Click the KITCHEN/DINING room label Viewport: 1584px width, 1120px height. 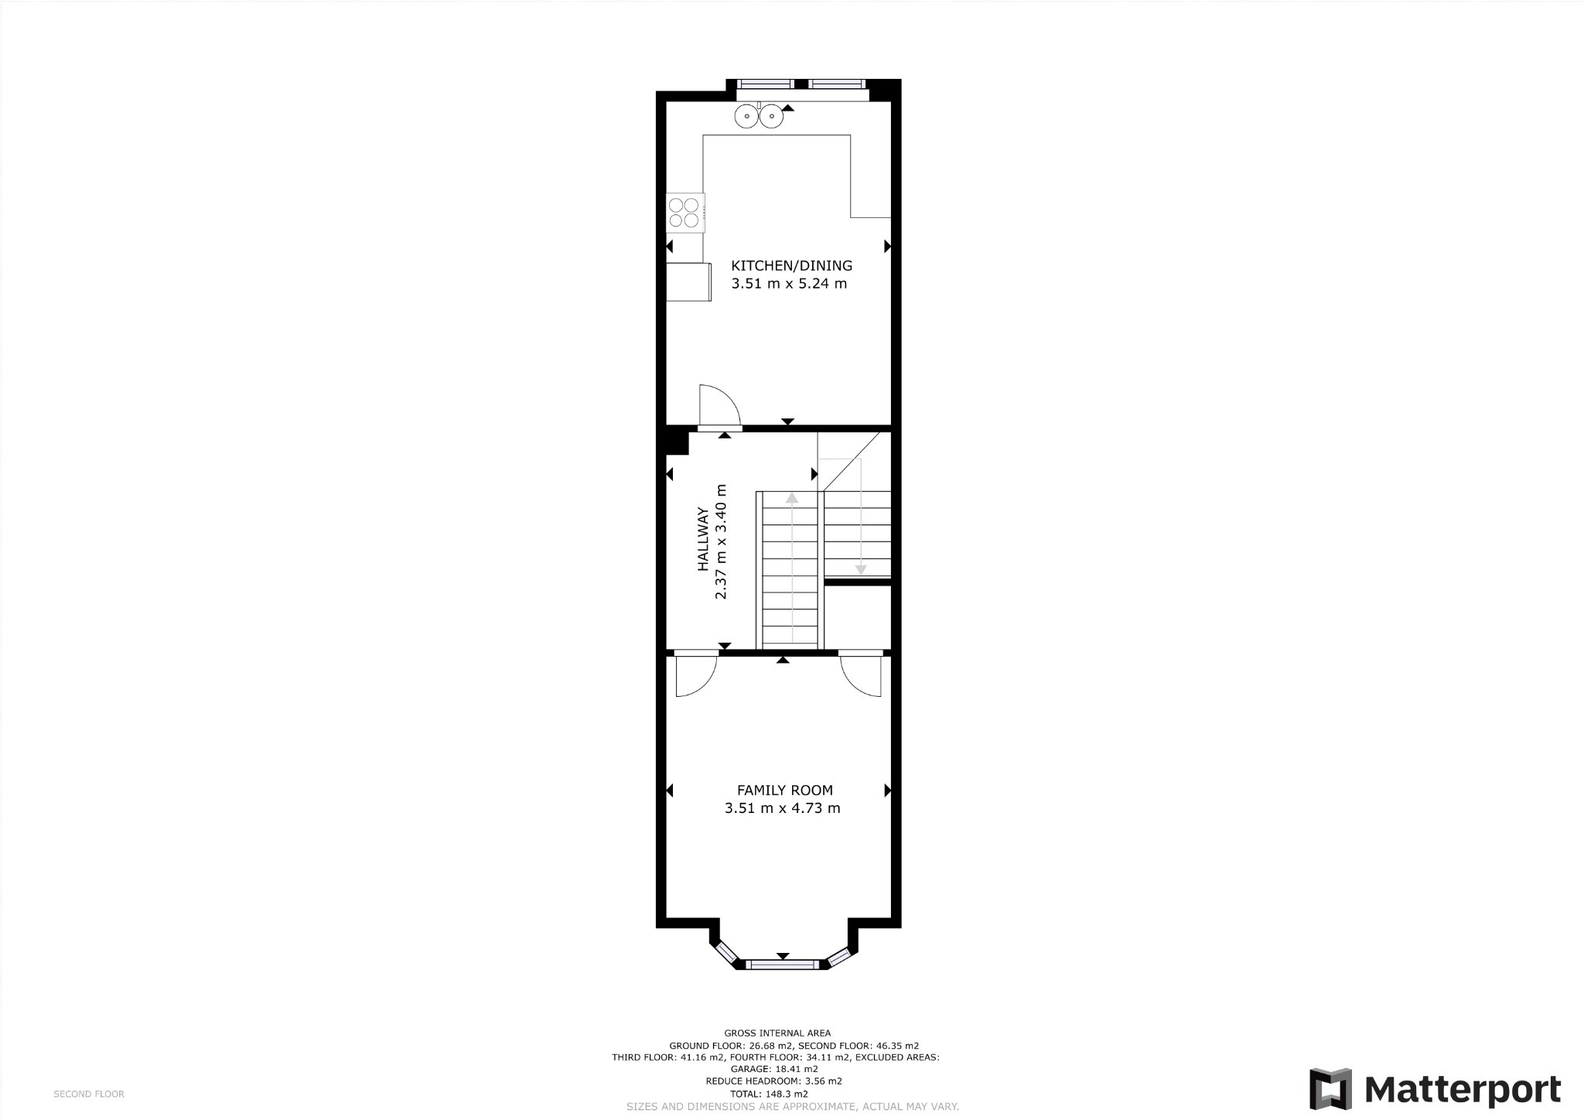(791, 265)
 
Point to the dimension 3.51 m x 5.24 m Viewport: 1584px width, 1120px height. (789, 284)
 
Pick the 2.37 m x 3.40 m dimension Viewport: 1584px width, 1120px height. (721, 541)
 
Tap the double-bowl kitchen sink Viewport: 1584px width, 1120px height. (759, 117)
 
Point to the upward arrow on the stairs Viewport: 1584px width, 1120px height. (791, 498)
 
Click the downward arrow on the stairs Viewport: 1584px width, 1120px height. (860, 569)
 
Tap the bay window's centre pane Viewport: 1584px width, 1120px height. (782, 964)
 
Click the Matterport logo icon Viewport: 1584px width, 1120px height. (1330, 1088)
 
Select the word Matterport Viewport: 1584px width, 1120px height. (1462, 1089)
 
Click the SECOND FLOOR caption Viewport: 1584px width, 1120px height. (89, 1094)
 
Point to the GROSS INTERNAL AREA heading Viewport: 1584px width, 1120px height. (777, 1033)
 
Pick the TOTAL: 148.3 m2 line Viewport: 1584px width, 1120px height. (769, 1094)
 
